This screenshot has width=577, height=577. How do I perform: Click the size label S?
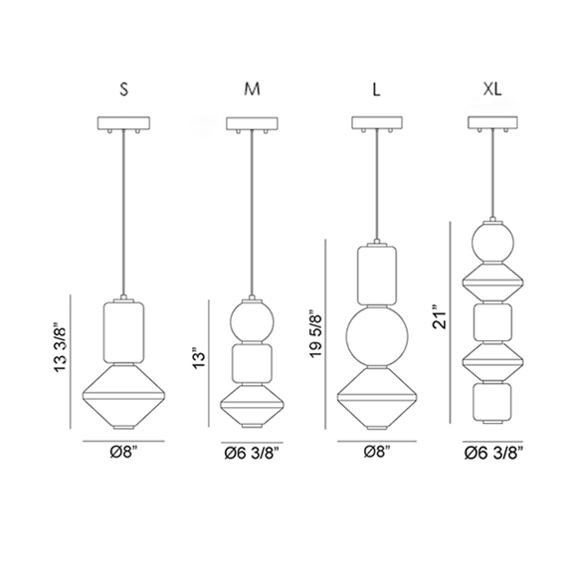tap(124, 90)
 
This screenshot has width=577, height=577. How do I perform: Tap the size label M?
tap(252, 90)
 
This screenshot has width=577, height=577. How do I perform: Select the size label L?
tap(376, 90)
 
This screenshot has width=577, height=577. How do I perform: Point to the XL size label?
tap(492, 90)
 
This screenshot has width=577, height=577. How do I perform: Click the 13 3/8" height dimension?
tap(61, 348)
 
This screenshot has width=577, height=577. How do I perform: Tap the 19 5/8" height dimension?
tap(315, 334)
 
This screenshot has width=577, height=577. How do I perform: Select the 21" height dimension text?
tap(440, 317)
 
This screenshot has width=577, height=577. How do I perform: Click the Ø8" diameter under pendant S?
tap(126, 452)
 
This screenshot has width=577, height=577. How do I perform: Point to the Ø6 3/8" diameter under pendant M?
tap(252, 454)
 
